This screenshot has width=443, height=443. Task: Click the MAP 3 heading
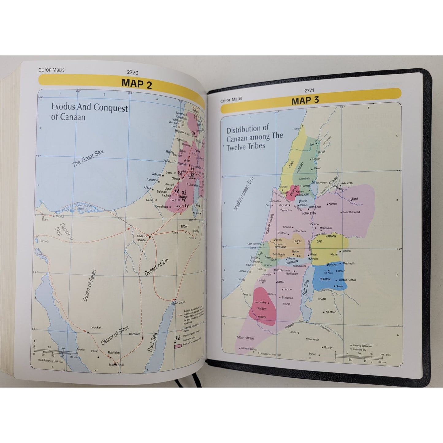click(x=305, y=101)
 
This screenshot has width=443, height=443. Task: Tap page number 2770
click(x=132, y=73)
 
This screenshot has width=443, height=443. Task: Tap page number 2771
click(x=309, y=90)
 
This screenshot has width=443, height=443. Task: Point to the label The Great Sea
click(x=88, y=158)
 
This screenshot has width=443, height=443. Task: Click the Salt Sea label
click(x=306, y=287)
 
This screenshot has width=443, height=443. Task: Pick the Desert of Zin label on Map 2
click(x=156, y=267)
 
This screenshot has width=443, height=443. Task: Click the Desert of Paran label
click(x=90, y=285)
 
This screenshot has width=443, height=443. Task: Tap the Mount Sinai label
click(x=116, y=365)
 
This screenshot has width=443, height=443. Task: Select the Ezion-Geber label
click(x=178, y=303)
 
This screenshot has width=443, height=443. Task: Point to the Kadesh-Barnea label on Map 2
click(x=141, y=238)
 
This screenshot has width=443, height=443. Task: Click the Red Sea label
click(x=152, y=342)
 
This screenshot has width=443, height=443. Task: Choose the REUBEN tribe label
click(x=325, y=279)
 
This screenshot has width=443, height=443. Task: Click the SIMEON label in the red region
click(x=262, y=309)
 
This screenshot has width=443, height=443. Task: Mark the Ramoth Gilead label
click(x=351, y=212)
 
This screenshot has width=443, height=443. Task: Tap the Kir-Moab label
click(x=331, y=312)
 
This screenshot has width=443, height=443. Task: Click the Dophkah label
click(x=96, y=327)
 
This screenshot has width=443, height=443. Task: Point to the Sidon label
click(x=297, y=129)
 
